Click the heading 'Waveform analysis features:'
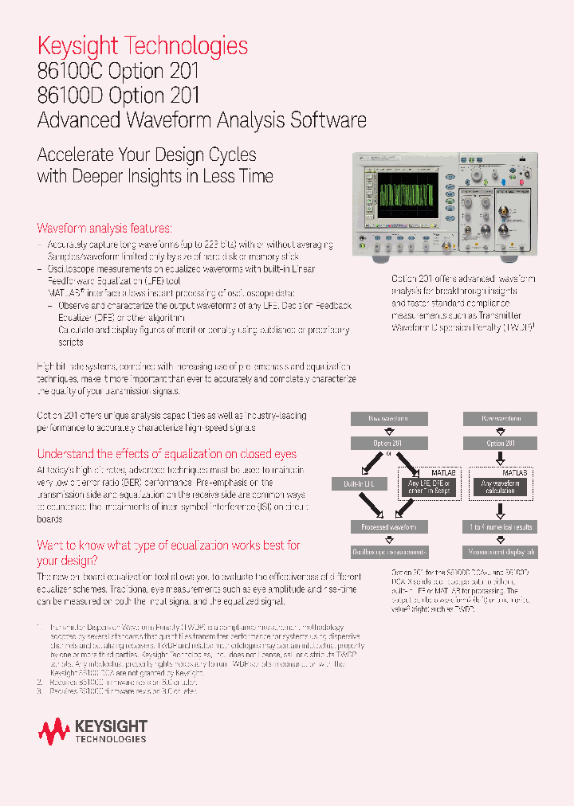pos(104,228)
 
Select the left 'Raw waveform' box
pos(389,419)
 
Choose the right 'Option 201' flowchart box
pos(501,444)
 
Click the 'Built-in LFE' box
pos(358,483)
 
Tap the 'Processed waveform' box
pos(389,526)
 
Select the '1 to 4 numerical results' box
pos(501,526)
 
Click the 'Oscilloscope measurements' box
pos(389,551)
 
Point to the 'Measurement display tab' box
pos(501,551)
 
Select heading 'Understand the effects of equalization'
pos(167,454)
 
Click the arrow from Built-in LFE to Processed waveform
pos(372,505)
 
